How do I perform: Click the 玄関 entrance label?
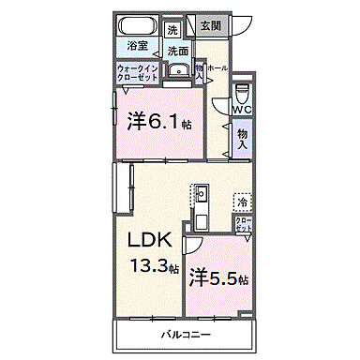pyautogui.click(x=209, y=25)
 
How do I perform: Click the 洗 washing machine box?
pyautogui.click(x=172, y=30)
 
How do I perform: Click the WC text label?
pyautogui.click(x=242, y=110)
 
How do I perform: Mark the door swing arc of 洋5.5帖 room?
pyautogui.click(x=193, y=246)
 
